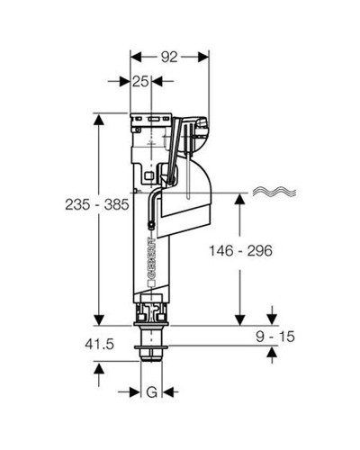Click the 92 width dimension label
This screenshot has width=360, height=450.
click(x=169, y=57)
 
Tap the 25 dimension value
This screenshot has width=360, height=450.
click(x=140, y=81)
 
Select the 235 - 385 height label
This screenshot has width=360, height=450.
click(x=97, y=205)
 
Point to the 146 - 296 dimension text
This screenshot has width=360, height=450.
click(x=240, y=250)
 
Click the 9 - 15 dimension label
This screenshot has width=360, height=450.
click(x=275, y=337)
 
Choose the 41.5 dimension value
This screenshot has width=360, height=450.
click(x=100, y=344)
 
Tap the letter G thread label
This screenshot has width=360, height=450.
click(x=152, y=391)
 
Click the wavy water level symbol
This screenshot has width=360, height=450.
click(x=274, y=192)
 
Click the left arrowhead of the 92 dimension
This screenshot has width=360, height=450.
click(x=136, y=57)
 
